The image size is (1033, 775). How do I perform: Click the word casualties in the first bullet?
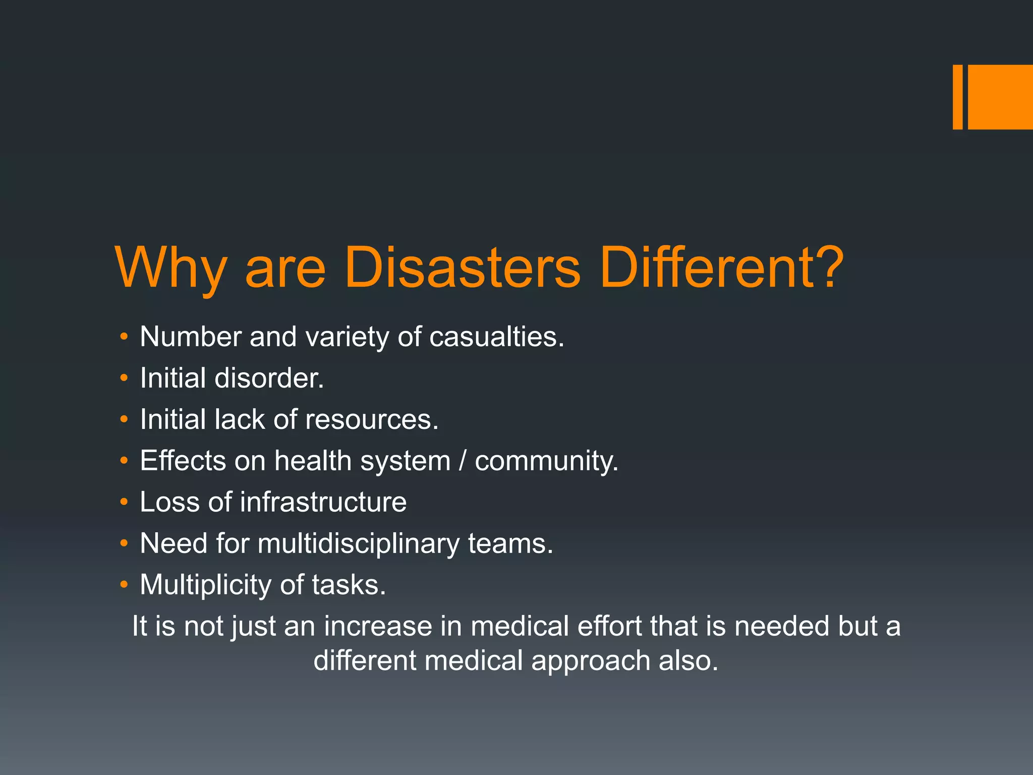[496, 337]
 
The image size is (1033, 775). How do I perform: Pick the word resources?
[372, 419]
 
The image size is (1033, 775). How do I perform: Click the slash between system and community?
[463, 461]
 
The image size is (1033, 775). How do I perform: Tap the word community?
[546, 462]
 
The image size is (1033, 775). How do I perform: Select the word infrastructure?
[323, 502]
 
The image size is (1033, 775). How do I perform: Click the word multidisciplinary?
[358, 544]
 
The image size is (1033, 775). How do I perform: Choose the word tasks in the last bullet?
[349, 585]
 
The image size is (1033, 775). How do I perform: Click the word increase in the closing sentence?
[377, 626]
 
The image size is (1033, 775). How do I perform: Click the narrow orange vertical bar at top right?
[957, 97]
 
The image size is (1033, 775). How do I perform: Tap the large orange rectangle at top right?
[1000, 97]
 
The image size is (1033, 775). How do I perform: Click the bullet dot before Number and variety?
[124, 337]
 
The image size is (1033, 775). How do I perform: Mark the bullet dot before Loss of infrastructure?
[124, 502]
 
